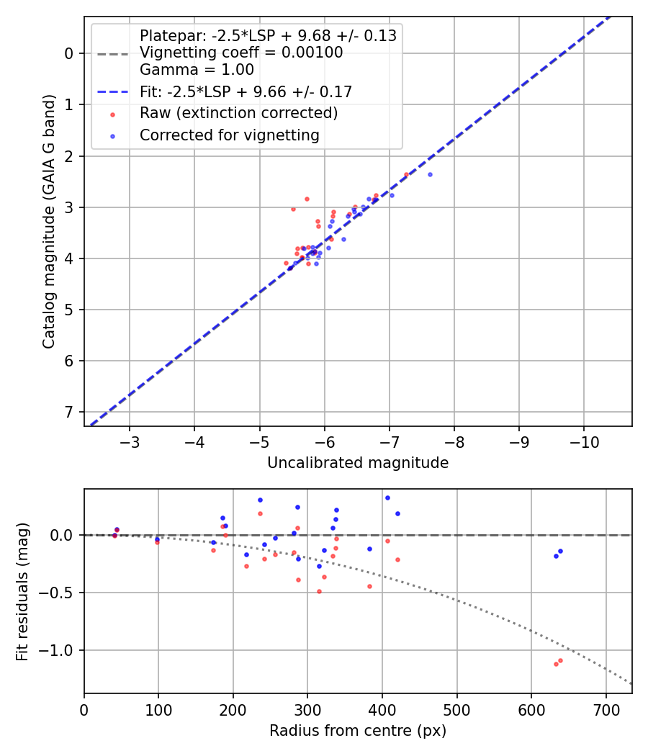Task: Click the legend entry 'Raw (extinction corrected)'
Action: (238, 113)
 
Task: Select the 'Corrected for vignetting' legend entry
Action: (230, 135)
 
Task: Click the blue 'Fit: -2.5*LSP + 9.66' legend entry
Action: (246, 91)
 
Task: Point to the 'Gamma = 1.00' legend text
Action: (197, 70)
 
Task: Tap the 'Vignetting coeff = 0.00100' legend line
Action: (241, 53)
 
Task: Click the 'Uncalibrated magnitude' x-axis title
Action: (358, 463)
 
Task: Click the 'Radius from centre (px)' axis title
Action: (358, 731)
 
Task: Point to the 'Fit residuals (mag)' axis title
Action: (22, 591)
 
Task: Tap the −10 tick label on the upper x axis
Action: (583, 441)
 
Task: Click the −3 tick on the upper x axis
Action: (130, 441)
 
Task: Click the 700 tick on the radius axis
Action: (606, 709)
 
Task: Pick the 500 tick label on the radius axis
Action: (456, 709)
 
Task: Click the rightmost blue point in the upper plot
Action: (430, 174)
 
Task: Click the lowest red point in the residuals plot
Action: (556, 664)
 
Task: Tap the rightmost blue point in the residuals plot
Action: (560, 551)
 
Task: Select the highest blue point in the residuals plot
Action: (387, 498)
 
